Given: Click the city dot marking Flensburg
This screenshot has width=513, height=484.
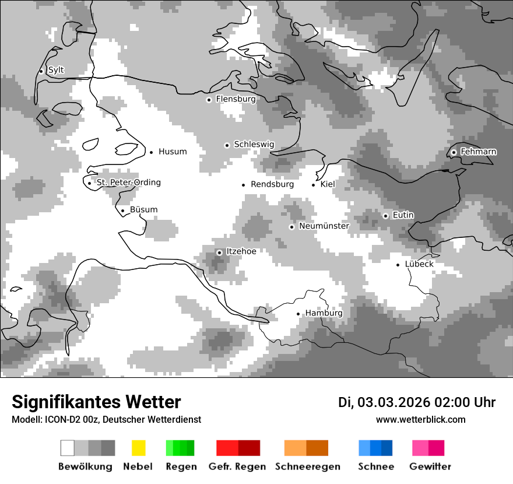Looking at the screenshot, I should (x=209, y=100).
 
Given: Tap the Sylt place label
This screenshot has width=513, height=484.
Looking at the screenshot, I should (x=56, y=71).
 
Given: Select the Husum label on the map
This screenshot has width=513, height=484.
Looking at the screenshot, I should (x=173, y=152).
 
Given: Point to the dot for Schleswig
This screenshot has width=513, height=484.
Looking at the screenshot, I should (x=227, y=145).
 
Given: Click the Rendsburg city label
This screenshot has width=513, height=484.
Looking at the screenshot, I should (x=272, y=185).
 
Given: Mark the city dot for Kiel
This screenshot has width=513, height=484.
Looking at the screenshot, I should (x=314, y=185).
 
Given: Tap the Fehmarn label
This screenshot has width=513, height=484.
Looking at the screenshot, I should (x=478, y=152).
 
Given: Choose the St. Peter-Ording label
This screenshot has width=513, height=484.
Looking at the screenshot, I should (x=128, y=183).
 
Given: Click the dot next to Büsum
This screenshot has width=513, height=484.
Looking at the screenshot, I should (x=122, y=211).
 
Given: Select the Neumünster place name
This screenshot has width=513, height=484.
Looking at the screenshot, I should (x=324, y=226).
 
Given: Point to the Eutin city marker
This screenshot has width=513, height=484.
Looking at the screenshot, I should (x=385, y=216).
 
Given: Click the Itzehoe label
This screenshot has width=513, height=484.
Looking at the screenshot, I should (x=241, y=252).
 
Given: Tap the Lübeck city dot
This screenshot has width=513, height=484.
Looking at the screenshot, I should (x=398, y=265).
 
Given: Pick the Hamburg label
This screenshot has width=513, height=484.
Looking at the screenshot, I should (x=324, y=314).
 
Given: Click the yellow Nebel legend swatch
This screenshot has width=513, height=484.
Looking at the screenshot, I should (x=138, y=448).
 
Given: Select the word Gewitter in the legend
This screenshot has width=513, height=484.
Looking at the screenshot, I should (x=430, y=467).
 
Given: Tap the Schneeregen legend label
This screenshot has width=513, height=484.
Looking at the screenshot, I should (x=308, y=467).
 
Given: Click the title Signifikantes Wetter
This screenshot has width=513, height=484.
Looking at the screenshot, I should (x=96, y=402).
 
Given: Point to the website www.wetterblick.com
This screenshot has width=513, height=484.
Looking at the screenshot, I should (x=421, y=420).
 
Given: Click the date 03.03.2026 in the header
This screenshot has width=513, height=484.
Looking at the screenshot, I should (x=393, y=402).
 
